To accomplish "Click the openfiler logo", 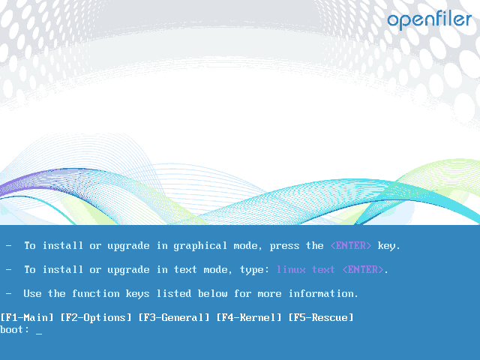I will click(x=429, y=19).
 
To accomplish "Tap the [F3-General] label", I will click(x=174, y=317).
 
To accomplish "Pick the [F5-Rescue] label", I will click(x=321, y=317).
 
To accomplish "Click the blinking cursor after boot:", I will click(x=39, y=331).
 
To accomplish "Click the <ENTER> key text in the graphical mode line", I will click(x=351, y=245).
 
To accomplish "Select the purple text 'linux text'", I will click(x=306, y=269).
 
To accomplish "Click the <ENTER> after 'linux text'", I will click(x=363, y=269).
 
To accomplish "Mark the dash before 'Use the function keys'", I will click(x=9, y=293).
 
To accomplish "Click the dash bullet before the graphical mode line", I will click(x=9, y=245).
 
